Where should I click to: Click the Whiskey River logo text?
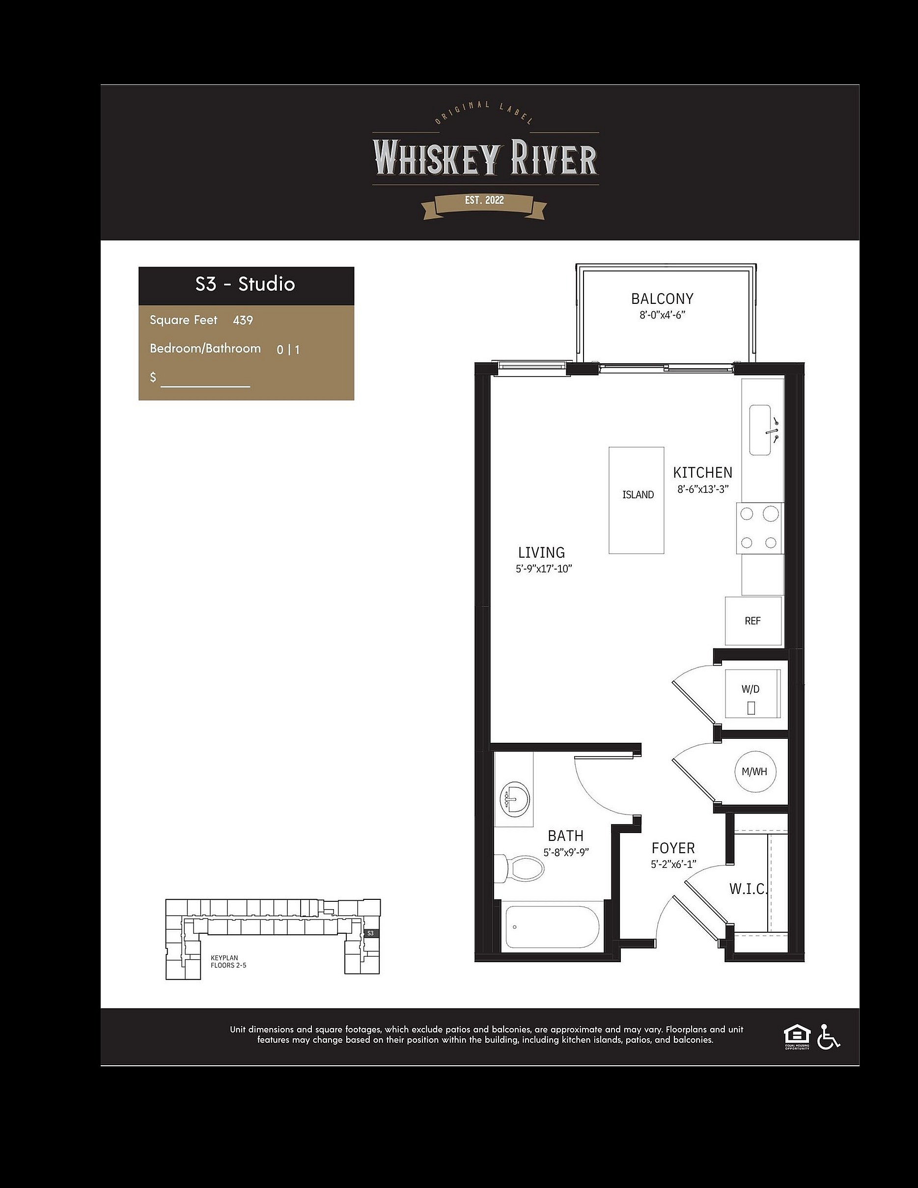coord(485,158)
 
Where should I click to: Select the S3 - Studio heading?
coord(246,284)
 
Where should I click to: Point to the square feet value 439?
coord(243,320)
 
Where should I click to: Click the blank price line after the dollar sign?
coord(205,386)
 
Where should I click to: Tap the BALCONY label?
coord(662,298)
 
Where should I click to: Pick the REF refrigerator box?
coord(753,621)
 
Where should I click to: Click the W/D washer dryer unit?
coord(752,694)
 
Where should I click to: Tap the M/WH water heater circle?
coord(755,771)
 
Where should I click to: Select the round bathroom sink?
coord(514,799)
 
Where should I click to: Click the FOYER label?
coord(673,848)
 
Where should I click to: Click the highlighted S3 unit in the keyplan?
coord(370,933)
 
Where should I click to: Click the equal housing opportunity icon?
coord(797,1036)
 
